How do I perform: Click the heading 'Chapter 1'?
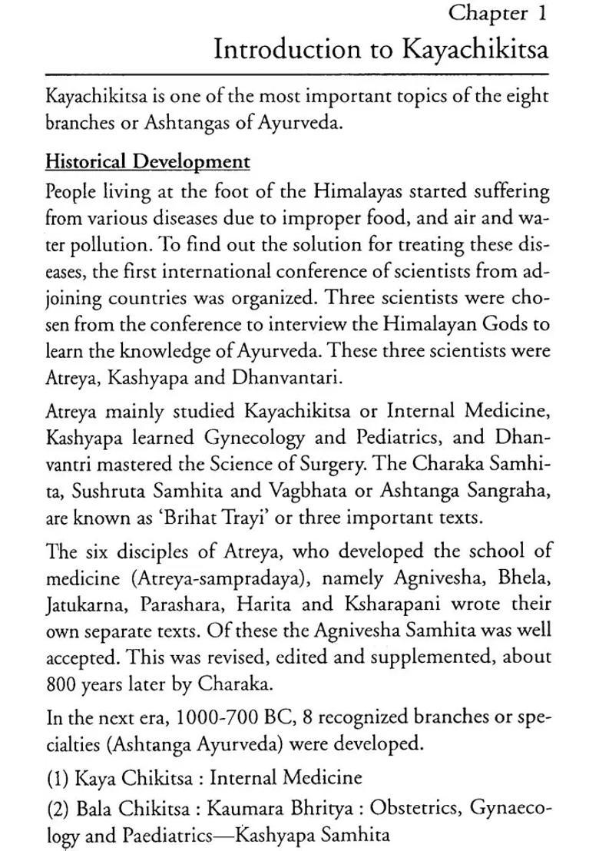(498, 14)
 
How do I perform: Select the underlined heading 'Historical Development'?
(147, 162)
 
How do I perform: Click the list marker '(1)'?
(57, 776)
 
